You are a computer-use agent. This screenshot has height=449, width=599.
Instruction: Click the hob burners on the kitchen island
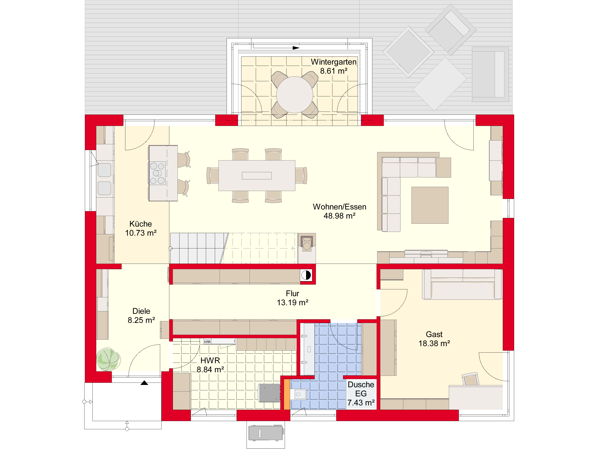[x=157, y=173]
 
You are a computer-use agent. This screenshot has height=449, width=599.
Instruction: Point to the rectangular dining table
[x=257, y=176]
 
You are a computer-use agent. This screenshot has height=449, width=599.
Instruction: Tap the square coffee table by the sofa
[x=430, y=205]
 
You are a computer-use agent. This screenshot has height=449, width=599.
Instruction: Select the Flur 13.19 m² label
[x=293, y=298]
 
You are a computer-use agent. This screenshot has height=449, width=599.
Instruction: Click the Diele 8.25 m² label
[x=141, y=315]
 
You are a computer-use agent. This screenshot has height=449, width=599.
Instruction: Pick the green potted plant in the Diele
[x=108, y=360]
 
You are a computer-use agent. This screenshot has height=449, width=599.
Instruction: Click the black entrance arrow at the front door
[x=144, y=383]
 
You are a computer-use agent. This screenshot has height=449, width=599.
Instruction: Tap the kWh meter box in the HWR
[x=207, y=342]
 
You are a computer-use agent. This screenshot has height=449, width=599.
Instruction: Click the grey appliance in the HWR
[x=269, y=393]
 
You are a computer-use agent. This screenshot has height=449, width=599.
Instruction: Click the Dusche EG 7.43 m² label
[x=361, y=394]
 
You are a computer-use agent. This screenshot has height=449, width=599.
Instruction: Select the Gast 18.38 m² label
[x=434, y=339]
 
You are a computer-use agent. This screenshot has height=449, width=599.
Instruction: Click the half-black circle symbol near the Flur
[x=306, y=275]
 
